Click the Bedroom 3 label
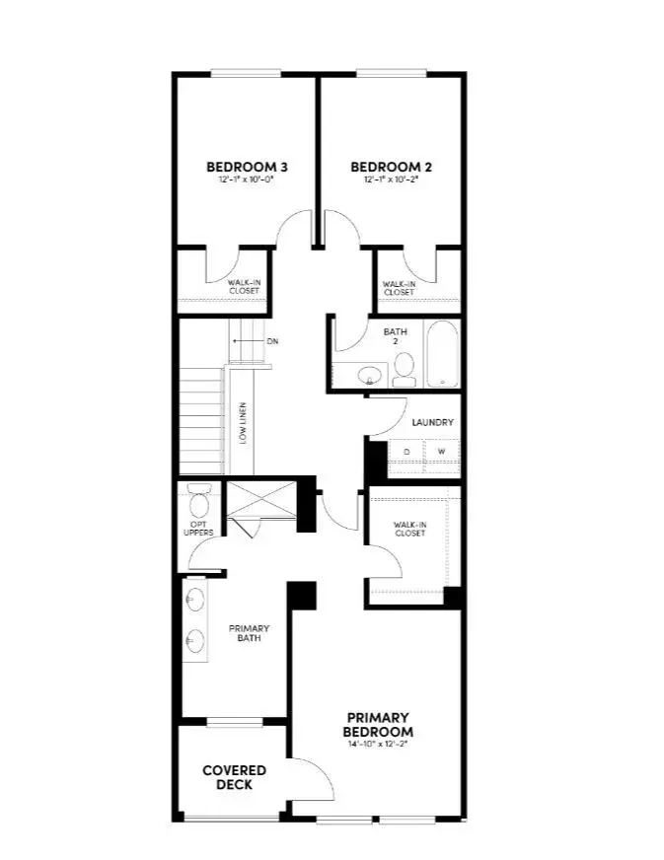pyautogui.click(x=246, y=167)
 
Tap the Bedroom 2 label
pyautogui.click(x=391, y=167)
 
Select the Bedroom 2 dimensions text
pyautogui.click(x=391, y=180)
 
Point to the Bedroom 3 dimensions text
pyautogui.click(x=246, y=180)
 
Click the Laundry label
pyautogui.click(x=432, y=422)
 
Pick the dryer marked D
pyautogui.click(x=406, y=453)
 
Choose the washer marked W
pyautogui.click(x=441, y=453)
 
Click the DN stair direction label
pyautogui.click(x=272, y=341)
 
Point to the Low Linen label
pyautogui.click(x=243, y=423)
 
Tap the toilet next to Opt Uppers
pyautogui.click(x=199, y=504)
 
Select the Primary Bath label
pyautogui.click(x=249, y=633)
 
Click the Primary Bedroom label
pyautogui.click(x=377, y=724)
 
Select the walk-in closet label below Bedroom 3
pyautogui.click(x=244, y=287)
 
